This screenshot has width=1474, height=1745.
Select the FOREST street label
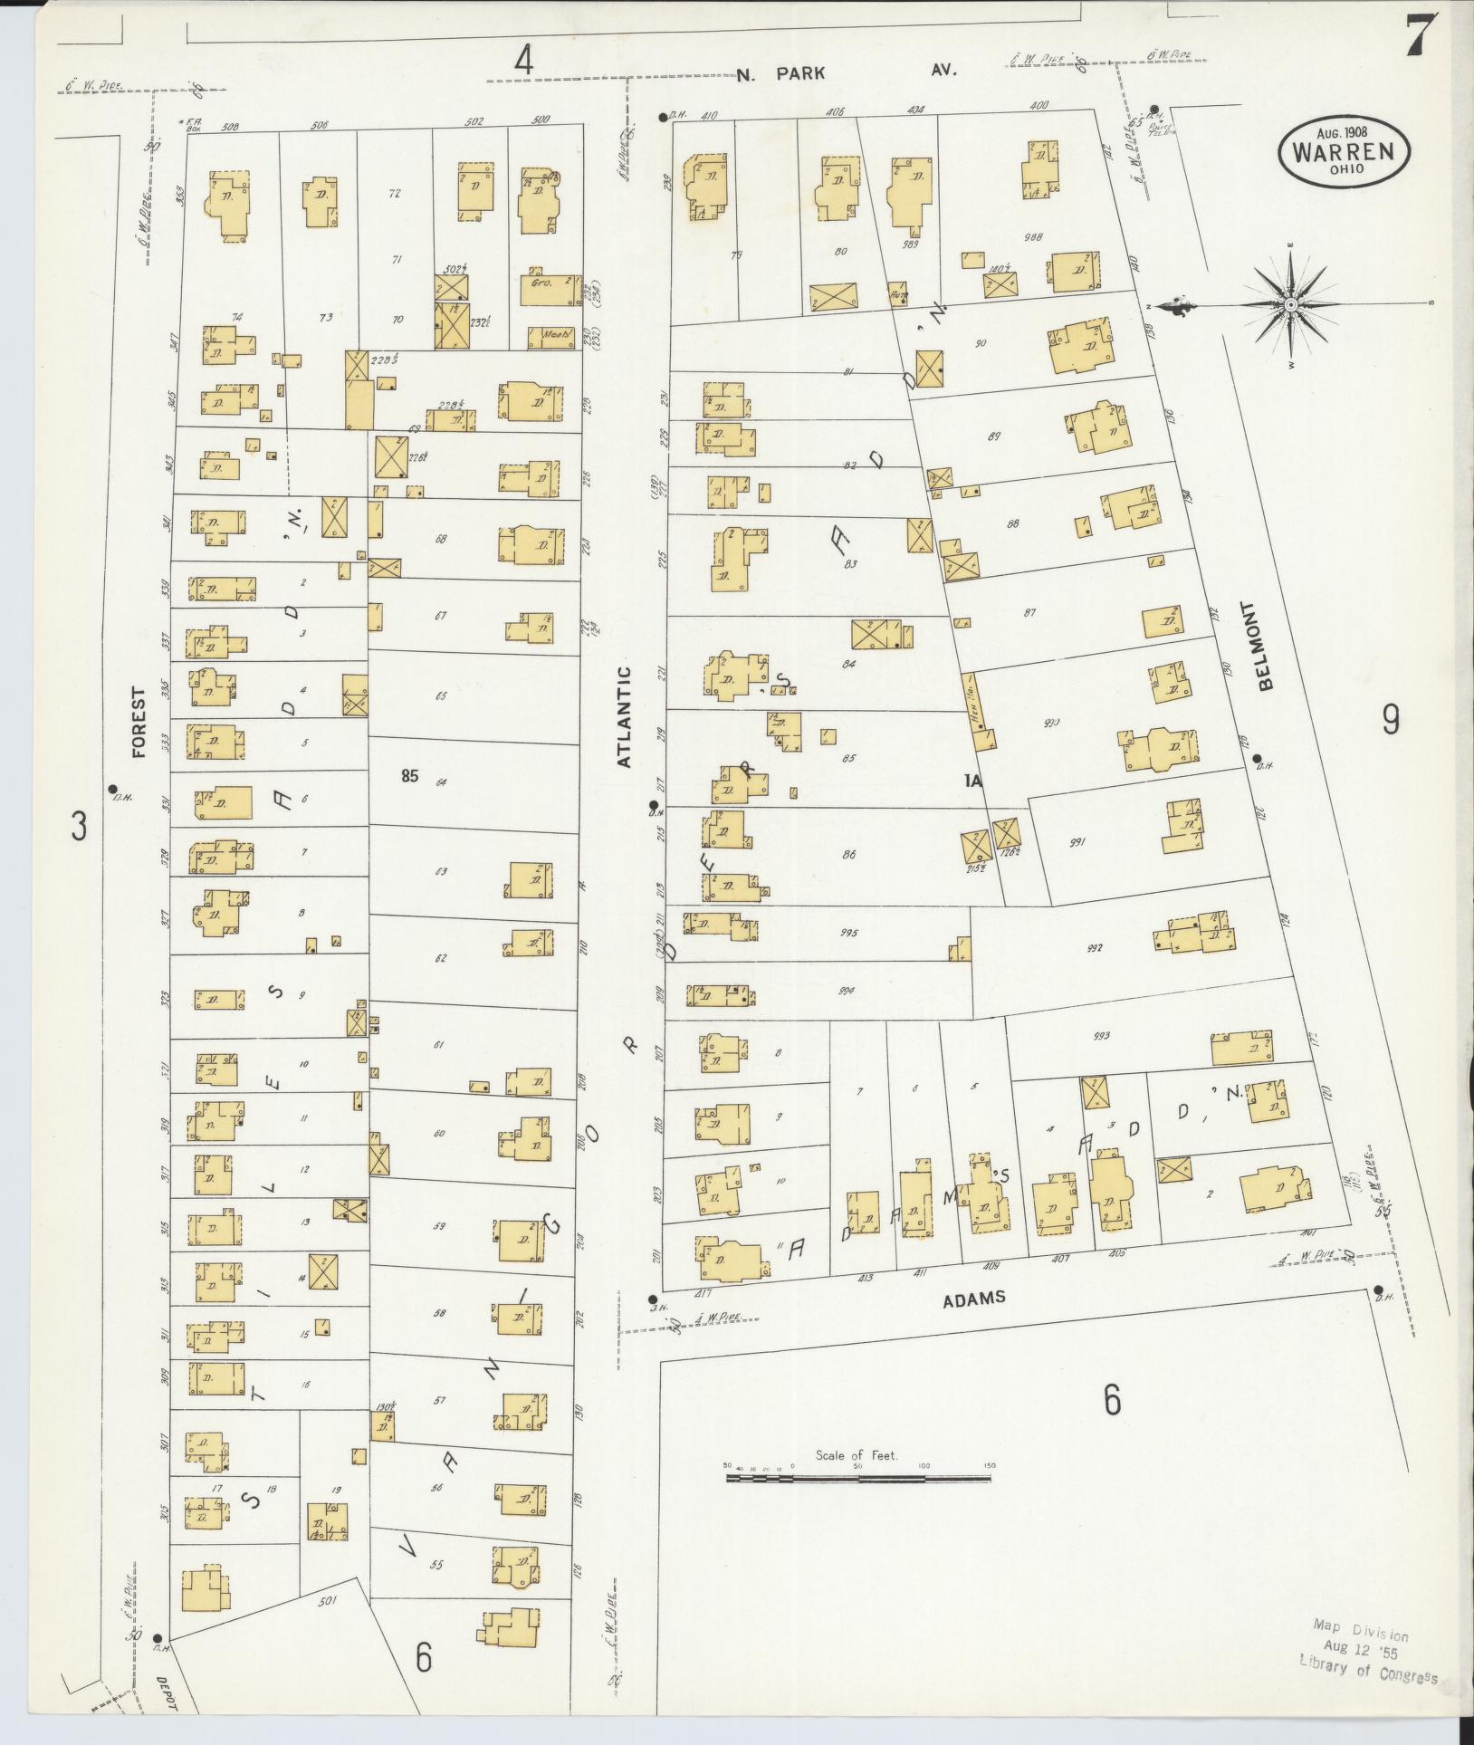(x=139, y=723)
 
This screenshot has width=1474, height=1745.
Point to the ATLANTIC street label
(x=624, y=716)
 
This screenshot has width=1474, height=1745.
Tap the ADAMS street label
(x=973, y=1298)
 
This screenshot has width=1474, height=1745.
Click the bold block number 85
(x=409, y=775)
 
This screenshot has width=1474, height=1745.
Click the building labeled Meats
(x=551, y=337)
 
